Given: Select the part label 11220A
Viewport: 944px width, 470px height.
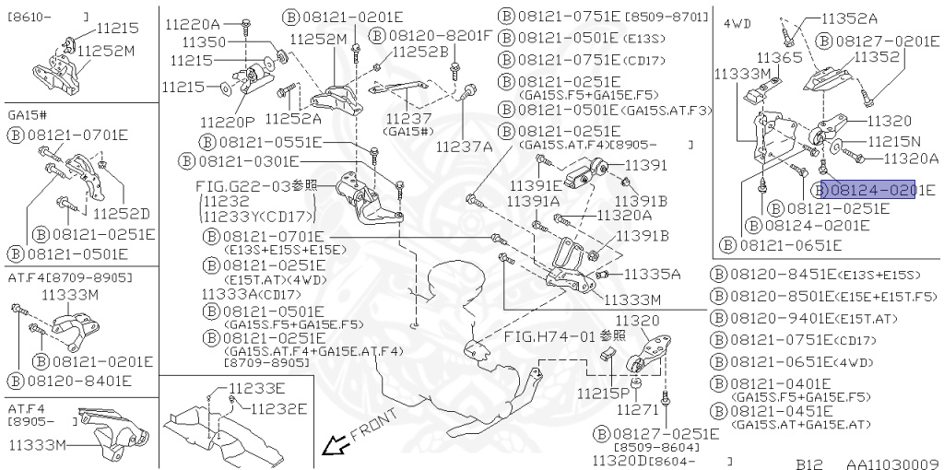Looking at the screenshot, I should point(192,24).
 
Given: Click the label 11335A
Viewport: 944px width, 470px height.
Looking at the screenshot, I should point(652,274).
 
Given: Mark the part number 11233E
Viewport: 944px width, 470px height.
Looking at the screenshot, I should point(257,388).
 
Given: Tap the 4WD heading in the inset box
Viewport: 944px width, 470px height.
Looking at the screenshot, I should point(736,21).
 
